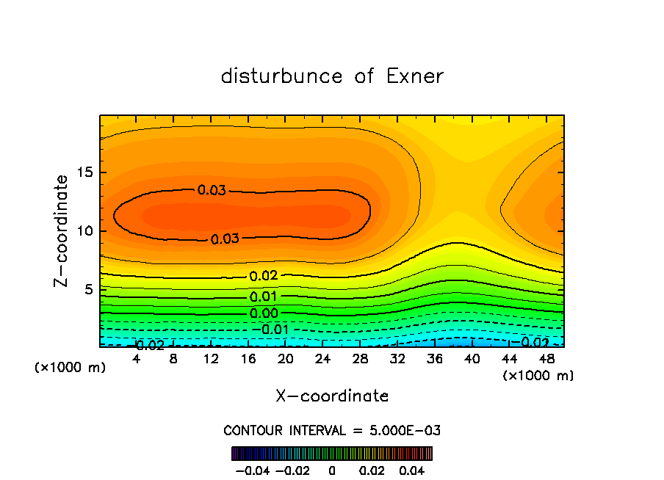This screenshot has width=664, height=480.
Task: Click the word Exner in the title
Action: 415,76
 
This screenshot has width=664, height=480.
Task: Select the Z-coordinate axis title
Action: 63,230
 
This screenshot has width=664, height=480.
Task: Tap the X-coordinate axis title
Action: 332,396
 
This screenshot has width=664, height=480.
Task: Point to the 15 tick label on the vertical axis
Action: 84,172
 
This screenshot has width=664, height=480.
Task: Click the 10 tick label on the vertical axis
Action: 84,231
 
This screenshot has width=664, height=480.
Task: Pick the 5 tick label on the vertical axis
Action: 88,290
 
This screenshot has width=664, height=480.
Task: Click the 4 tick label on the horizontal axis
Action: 136,359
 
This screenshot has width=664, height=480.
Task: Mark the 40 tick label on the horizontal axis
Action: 472,359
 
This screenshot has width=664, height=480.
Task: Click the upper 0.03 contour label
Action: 212,190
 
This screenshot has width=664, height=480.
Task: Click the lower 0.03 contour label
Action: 225,239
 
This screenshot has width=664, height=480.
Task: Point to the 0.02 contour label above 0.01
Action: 263,277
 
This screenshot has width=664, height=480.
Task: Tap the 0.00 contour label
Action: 263,314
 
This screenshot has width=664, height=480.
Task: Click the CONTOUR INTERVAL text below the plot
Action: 332,430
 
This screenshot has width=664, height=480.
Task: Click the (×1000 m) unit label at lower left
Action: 71,367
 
